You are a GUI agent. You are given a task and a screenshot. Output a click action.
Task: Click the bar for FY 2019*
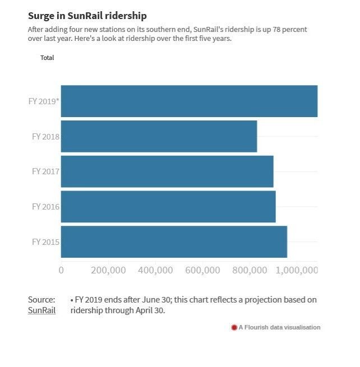(189, 101)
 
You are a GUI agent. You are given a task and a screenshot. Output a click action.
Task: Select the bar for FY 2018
(159, 136)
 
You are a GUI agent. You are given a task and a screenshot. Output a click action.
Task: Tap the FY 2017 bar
(167, 171)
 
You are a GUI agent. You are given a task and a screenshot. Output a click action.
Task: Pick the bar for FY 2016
(168, 207)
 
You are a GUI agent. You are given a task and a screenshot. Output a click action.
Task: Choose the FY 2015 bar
(174, 242)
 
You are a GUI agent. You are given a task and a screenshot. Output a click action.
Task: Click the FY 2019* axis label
(44, 101)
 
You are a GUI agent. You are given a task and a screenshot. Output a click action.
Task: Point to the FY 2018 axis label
(45, 136)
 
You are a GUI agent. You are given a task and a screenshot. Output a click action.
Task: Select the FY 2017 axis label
(45, 171)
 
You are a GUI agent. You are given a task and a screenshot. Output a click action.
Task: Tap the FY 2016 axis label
(45, 207)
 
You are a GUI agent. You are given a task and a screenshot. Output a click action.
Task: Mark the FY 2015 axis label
(45, 242)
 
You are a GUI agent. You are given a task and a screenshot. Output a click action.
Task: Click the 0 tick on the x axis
(61, 271)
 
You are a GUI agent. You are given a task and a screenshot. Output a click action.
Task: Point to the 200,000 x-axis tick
(108, 271)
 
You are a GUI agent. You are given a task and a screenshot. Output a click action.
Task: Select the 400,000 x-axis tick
(155, 271)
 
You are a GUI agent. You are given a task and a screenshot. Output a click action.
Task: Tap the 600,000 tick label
(202, 271)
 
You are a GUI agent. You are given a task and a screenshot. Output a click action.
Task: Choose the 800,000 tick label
(250, 271)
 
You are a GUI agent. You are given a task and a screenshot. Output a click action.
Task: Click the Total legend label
(47, 58)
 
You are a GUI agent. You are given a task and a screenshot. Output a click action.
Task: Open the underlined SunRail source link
(41, 310)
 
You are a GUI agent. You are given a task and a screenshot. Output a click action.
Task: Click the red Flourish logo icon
(234, 327)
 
